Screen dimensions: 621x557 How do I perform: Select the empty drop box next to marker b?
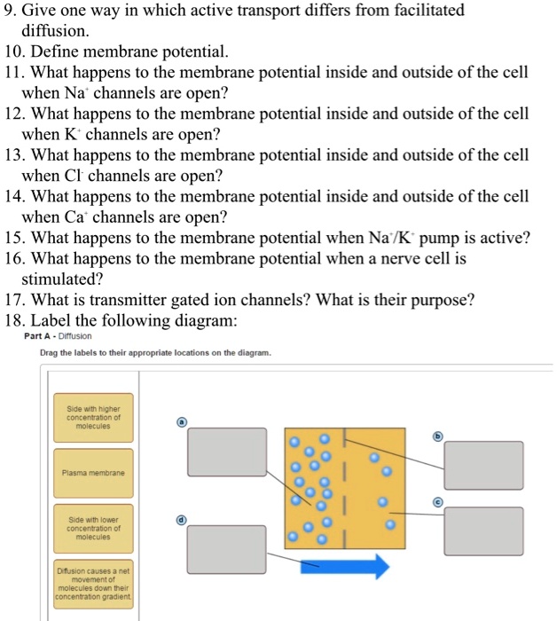(483, 465)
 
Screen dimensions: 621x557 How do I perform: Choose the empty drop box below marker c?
(483, 531)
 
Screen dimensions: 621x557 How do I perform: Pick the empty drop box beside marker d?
(225, 547)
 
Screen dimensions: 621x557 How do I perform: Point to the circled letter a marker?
(181, 422)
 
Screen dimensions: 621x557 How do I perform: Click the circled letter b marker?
(436, 436)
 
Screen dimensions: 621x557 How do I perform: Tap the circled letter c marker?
(436, 501)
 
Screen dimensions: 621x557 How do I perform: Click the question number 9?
(12, 12)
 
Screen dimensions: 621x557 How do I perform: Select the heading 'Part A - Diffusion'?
(59, 337)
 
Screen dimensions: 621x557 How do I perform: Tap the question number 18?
(15, 320)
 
